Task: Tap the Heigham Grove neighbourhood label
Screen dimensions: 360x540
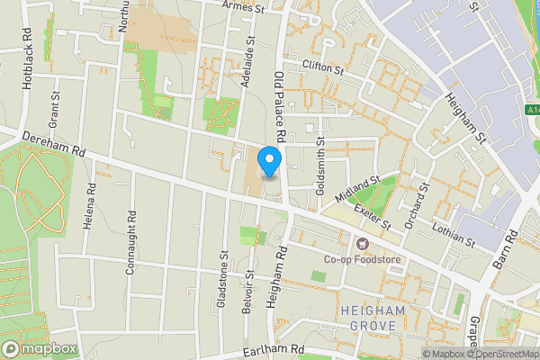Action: click(373, 318)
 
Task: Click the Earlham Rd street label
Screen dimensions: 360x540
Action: click(274, 350)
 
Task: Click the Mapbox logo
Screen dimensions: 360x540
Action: click(39, 348)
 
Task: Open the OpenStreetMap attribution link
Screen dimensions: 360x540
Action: click(501, 354)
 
